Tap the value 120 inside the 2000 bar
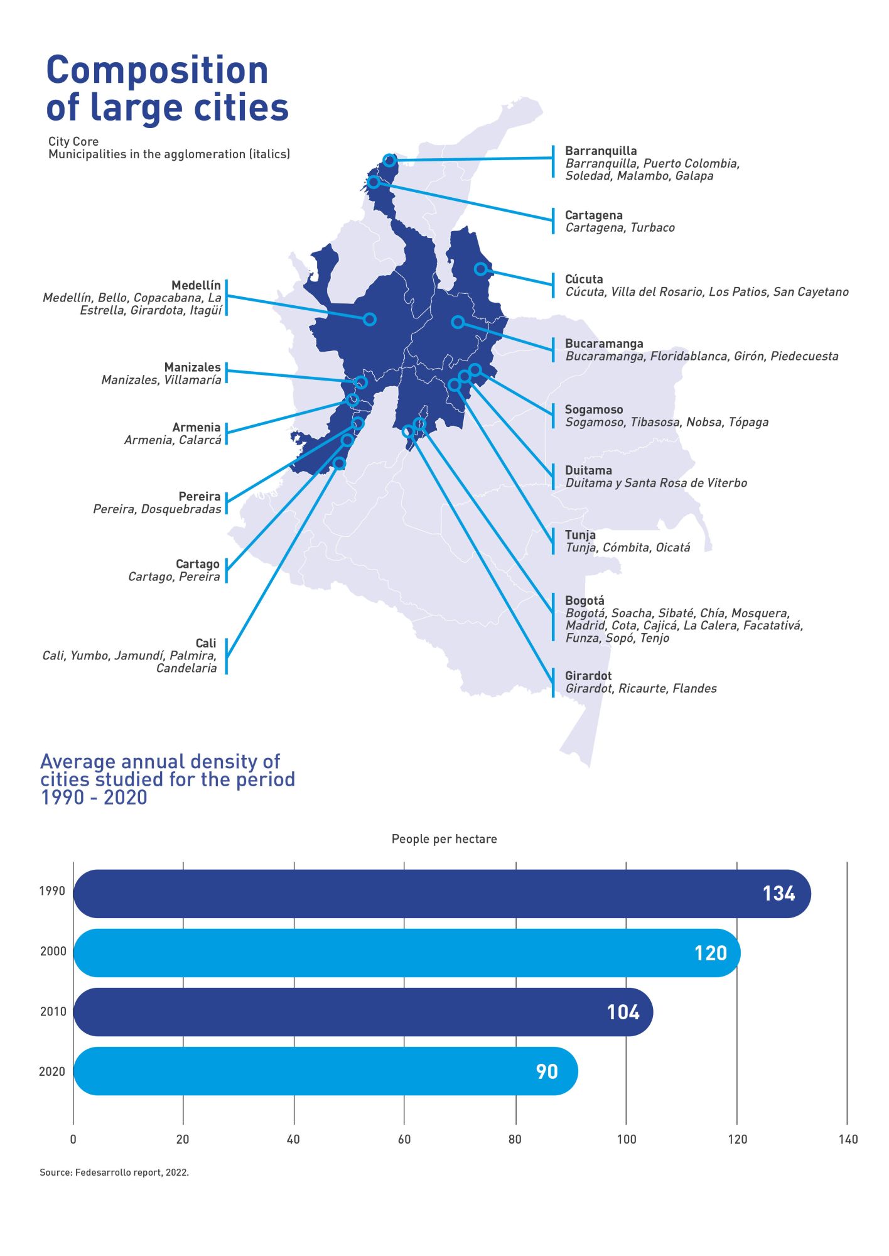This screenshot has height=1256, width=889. point(710,953)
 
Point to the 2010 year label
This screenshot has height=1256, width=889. point(53,1012)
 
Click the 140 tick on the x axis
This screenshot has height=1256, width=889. point(848,1139)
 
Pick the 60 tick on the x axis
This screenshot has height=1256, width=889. point(404,1139)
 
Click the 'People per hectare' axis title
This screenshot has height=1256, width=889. point(444,839)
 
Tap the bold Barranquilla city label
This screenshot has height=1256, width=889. point(601,151)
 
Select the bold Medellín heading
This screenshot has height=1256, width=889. point(196,286)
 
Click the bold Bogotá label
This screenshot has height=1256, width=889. point(585,600)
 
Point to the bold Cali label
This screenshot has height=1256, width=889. point(205,643)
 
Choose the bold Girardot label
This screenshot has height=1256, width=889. point(588,676)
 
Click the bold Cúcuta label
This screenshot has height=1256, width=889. point(584,279)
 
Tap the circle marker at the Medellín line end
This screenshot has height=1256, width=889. point(370,319)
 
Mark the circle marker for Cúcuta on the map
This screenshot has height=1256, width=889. point(480,269)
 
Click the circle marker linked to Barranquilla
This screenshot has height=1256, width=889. point(389,160)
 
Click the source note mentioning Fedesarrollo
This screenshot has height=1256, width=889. point(114,1172)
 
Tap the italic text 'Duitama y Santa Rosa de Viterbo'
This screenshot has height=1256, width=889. point(656,483)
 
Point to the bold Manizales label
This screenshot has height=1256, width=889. point(192,367)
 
